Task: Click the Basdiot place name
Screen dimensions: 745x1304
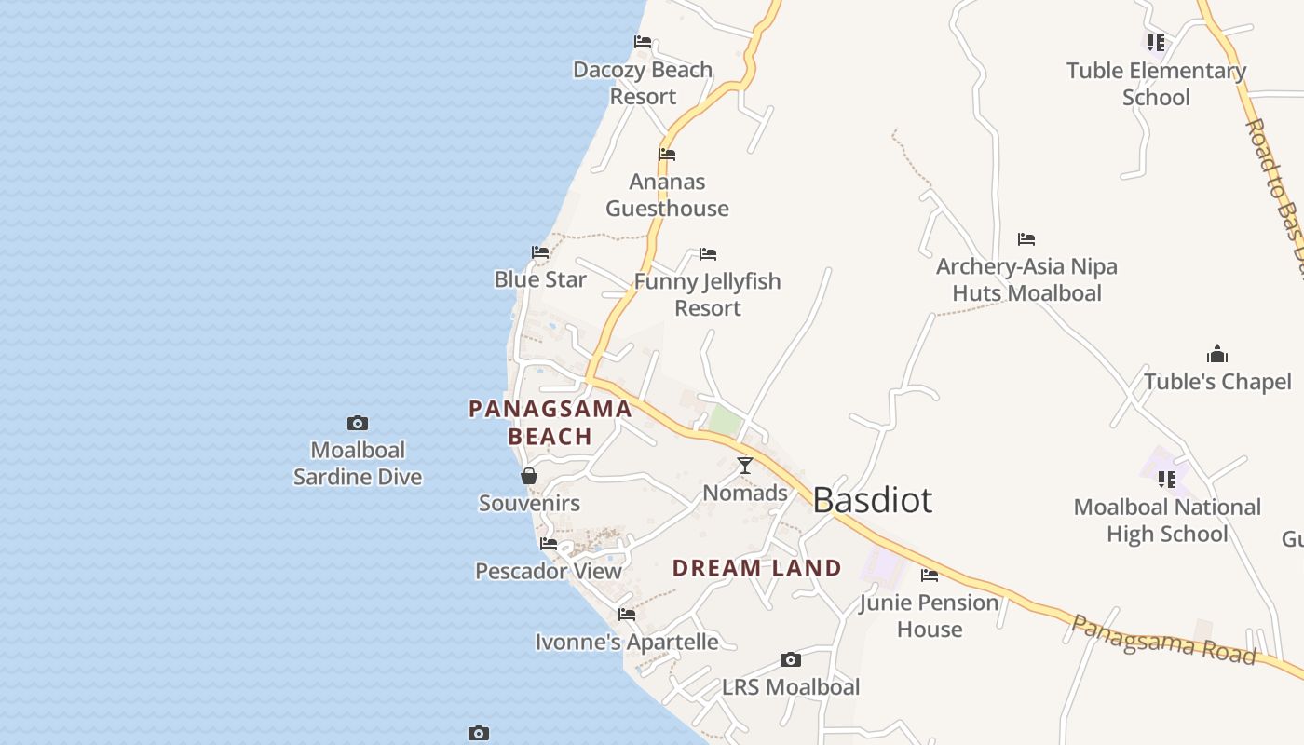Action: tap(872, 500)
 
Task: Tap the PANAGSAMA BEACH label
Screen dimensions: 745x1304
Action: tap(550, 422)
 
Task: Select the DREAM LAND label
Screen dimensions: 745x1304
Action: tap(756, 567)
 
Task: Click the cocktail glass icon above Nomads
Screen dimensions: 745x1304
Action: tap(745, 465)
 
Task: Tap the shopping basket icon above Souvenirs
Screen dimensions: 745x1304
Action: tap(529, 476)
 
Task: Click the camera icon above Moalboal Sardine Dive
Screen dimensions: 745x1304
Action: tap(358, 423)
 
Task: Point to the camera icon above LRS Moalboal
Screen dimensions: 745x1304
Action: tap(791, 659)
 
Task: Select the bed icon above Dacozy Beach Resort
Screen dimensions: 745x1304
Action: tap(643, 41)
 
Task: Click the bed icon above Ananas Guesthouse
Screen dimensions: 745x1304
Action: tap(667, 154)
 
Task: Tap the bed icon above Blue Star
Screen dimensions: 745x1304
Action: tap(540, 251)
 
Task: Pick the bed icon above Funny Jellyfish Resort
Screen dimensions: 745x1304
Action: tap(708, 253)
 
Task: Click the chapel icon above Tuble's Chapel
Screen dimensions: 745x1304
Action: tap(1217, 354)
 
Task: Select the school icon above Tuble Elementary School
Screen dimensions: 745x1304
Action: tap(1156, 42)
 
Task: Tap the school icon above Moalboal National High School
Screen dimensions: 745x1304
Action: tap(1167, 479)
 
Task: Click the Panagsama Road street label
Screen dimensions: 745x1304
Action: tap(1163, 639)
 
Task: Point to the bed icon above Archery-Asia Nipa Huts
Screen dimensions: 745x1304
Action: tap(1026, 239)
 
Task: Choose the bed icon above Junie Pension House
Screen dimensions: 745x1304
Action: tap(930, 575)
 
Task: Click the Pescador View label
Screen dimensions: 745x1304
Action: tap(549, 571)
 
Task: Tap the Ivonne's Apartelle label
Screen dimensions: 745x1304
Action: tap(627, 642)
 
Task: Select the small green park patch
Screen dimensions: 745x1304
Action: tap(725, 420)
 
